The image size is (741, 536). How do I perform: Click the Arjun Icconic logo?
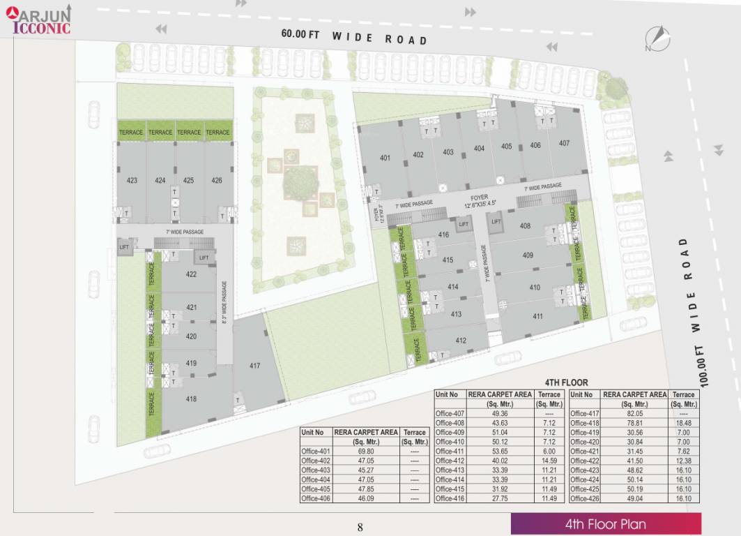click(x=39, y=19)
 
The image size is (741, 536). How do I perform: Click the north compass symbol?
click(x=657, y=38)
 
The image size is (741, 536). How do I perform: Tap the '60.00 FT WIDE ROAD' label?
click(x=354, y=37)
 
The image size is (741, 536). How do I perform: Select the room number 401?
click(x=385, y=158)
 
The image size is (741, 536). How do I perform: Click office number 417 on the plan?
click(x=255, y=366)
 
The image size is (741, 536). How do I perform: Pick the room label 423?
click(x=132, y=180)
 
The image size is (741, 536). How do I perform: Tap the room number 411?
click(x=537, y=317)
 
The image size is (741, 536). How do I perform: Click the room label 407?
click(x=564, y=143)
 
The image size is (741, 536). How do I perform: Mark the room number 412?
click(x=461, y=341)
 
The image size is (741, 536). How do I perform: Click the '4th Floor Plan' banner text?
click(x=605, y=524)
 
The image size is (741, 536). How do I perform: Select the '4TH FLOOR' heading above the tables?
click(x=565, y=382)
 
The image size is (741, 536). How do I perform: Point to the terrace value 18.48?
click(x=684, y=423)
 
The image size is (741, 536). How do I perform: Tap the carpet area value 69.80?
click(x=365, y=451)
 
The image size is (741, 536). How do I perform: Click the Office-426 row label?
click(x=586, y=498)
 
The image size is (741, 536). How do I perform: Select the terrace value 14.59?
click(x=549, y=461)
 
